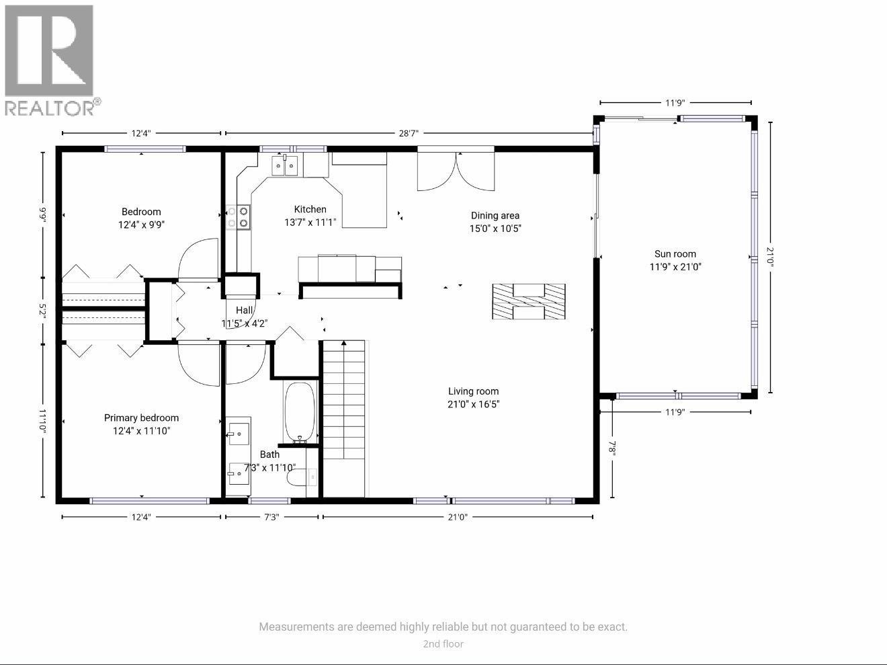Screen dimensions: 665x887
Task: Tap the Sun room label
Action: [x=675, y=254]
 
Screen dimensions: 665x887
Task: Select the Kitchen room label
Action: [x=310, y=209]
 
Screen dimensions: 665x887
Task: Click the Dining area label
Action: [x=495, y=216]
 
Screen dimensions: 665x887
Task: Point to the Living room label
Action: [x=473, y=391]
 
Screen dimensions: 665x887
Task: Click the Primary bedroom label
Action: [x=141, y=418]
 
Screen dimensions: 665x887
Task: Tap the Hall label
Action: [x=244, y=310]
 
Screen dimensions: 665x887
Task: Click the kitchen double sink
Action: [x=286, y=165]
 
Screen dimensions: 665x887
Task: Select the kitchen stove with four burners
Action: [x=238, y=217]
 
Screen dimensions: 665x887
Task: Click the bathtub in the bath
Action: [x=299, y=412]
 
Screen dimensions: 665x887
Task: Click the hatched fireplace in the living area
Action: [x=528, y=301]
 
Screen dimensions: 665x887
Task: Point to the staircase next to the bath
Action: [x=344, y=417]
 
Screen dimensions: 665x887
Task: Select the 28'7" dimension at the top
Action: [x=409, y=133]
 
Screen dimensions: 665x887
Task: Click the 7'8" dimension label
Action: [x=612, y=449]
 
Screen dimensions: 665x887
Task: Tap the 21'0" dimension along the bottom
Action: [x=458, y=517]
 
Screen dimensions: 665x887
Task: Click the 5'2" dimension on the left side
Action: [x=43, y=311]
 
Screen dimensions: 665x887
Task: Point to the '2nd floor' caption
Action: [x=443, y=644]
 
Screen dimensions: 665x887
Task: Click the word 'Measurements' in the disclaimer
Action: [x=296, y=627]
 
